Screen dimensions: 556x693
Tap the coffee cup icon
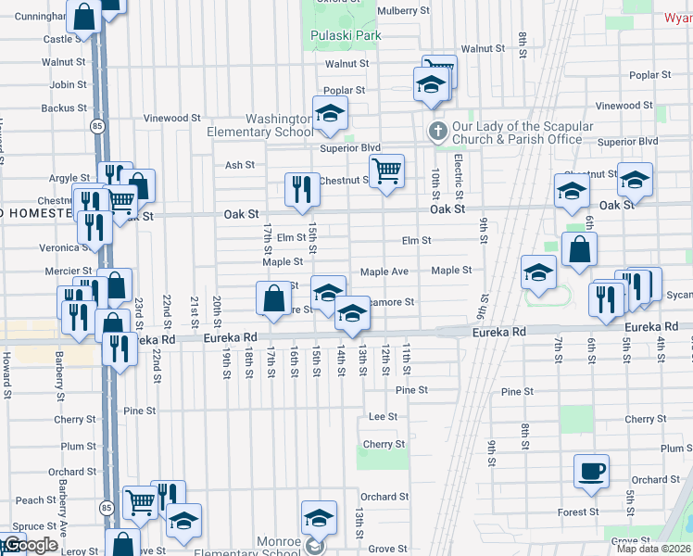[591, 472]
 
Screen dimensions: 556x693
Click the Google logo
[30, 546]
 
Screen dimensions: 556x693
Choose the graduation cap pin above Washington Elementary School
[329, 113]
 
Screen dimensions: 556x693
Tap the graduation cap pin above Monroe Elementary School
[318, 518]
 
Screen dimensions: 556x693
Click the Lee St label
[383, 417]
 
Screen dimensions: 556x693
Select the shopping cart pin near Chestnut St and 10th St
[386, 170]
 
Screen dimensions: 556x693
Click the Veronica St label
[63, 248]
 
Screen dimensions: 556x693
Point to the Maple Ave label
[384, 272]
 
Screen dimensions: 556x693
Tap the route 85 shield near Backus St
[96, 125]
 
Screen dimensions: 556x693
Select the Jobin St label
[68, 84]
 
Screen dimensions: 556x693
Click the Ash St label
[239, 165]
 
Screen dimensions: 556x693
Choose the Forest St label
[577, 512]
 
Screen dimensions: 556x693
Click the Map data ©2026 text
[654, 549]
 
